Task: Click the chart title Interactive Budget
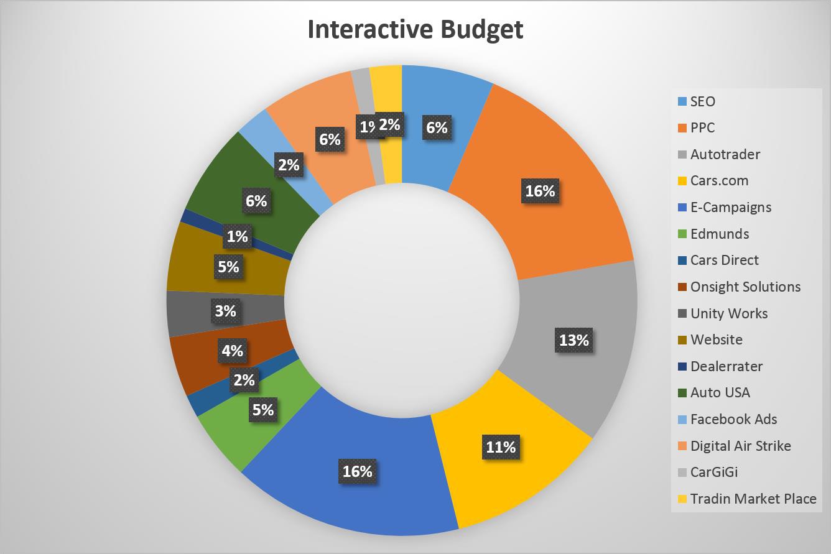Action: pos(415,30)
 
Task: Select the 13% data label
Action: pos(573,340)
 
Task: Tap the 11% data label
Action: pos(501,446)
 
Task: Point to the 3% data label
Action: pos(225,310)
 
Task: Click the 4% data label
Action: pos(232,351)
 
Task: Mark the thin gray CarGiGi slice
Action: pos(361,81)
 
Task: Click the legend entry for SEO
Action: pos(703,101)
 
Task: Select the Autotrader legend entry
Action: pos(725,154)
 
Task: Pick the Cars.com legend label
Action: pos(719,181)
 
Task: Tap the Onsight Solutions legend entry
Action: pos(745,287)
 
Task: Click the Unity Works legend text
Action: pos(729,313)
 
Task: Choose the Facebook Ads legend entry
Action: pos(733,419)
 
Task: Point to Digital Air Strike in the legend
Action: pos(740,446)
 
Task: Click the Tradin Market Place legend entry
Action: pos(753,499)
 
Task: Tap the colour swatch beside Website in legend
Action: pos(682,340)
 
